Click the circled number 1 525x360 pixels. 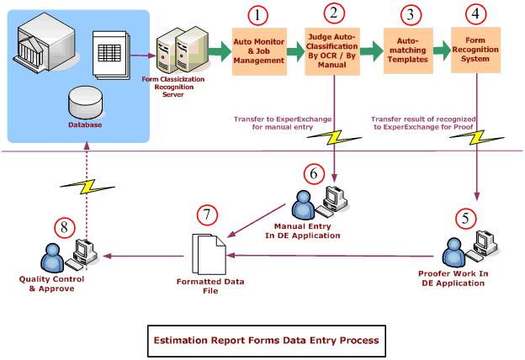(x=259, y=16)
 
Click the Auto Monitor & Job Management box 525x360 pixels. (x=260, y=50)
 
